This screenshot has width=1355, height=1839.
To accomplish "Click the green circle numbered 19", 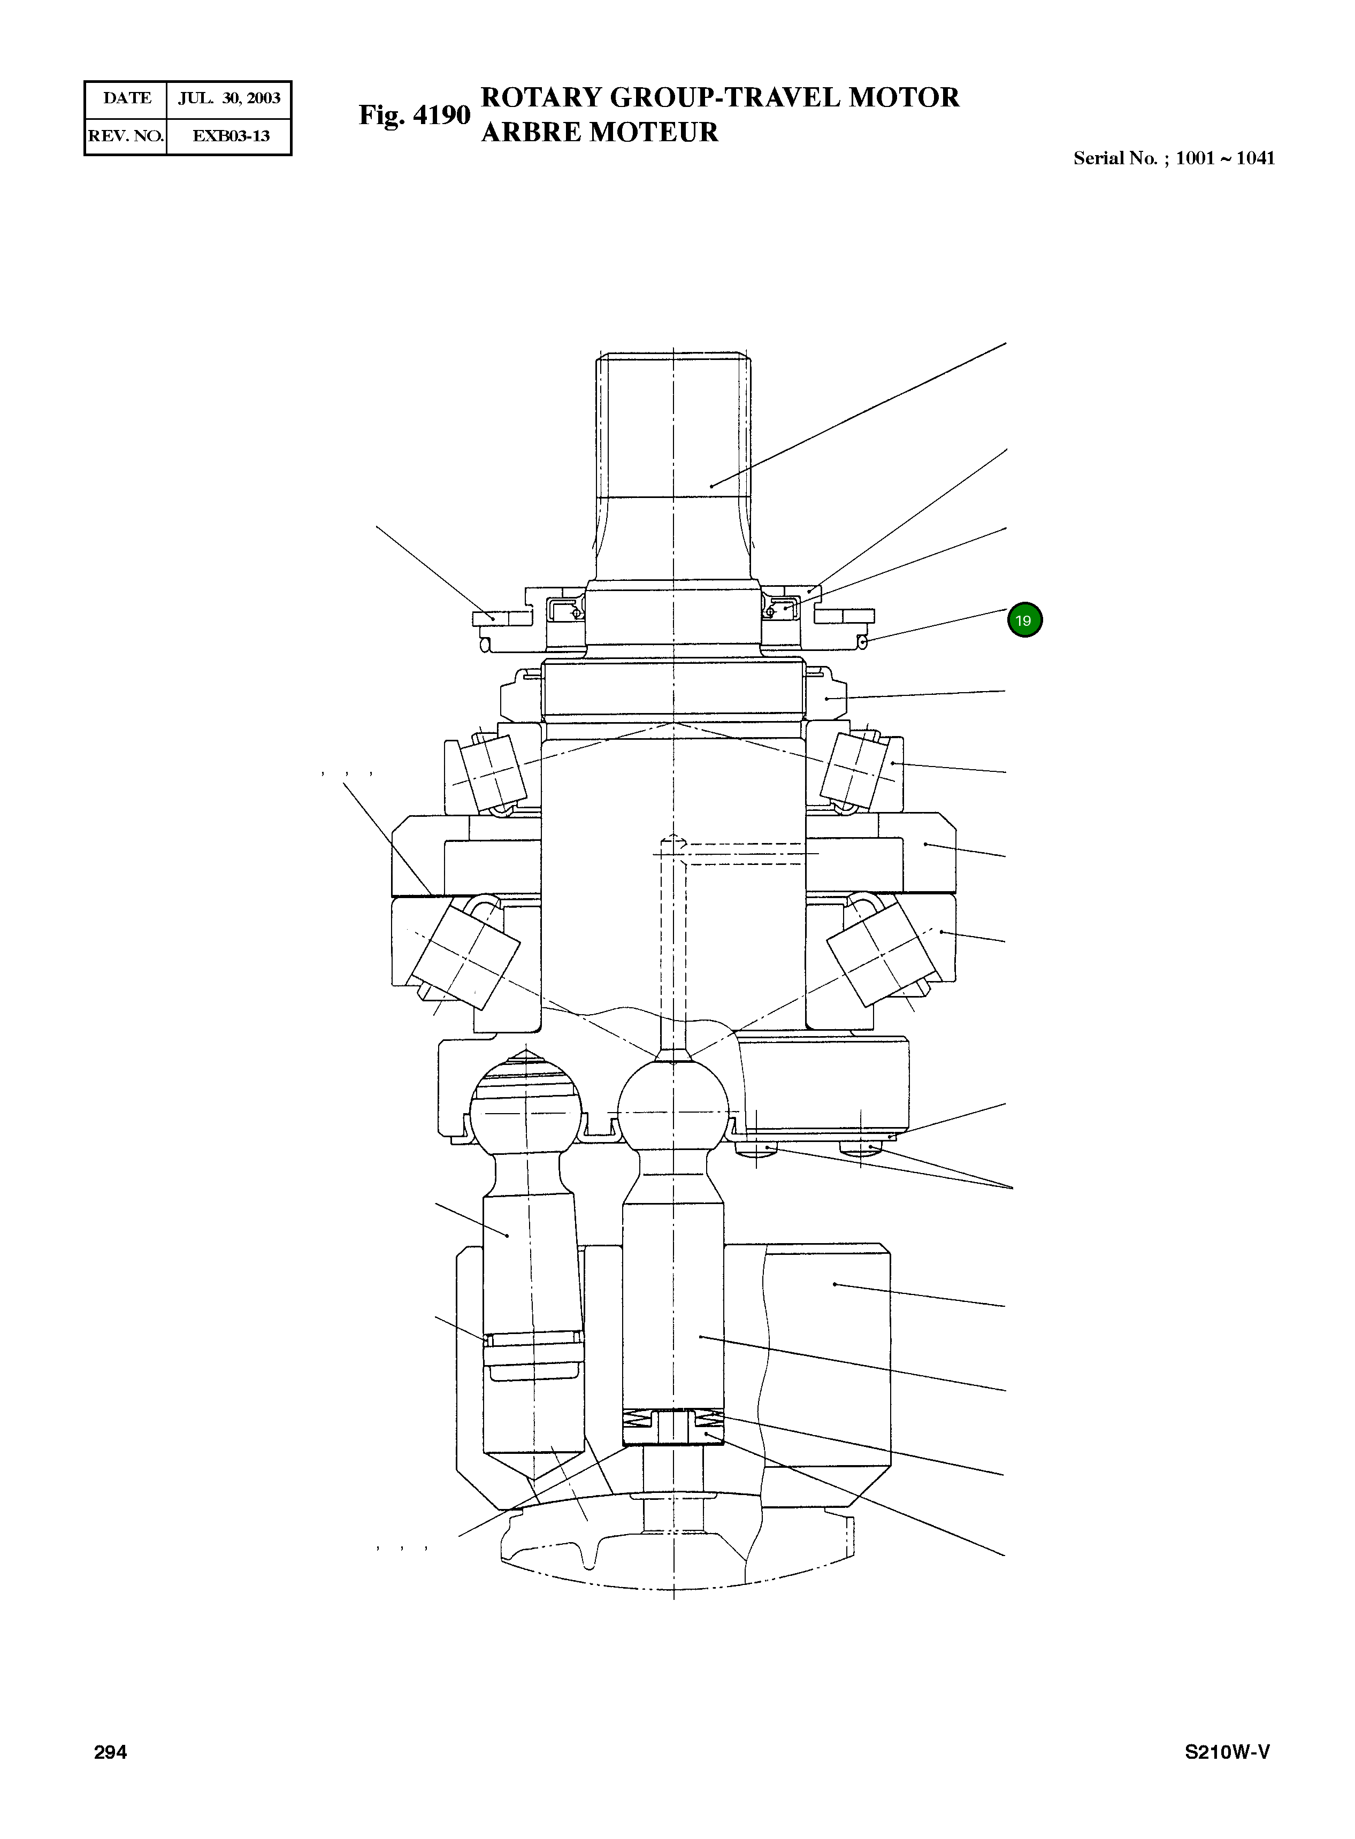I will point(1024,620).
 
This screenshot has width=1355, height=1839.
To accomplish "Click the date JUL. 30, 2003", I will point(229,98).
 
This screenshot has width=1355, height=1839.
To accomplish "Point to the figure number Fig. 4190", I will point(414,115).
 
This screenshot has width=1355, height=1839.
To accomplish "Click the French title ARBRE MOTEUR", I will point(600,132).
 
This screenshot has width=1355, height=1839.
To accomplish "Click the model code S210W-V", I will point(1227,1752).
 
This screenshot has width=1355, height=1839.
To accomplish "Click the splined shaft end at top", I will point(672,426).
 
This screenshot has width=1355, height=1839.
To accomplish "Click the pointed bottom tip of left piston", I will point(534,1476).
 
